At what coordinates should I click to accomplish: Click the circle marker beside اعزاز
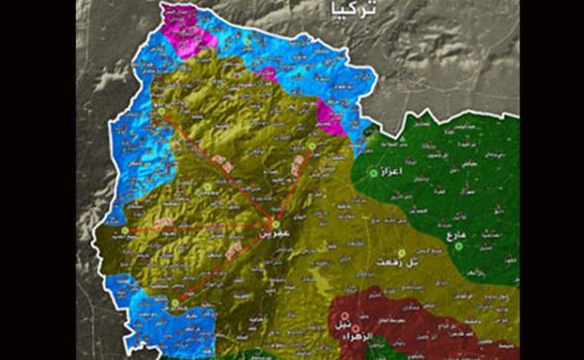click(374, 172)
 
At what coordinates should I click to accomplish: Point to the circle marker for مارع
click(459, 247)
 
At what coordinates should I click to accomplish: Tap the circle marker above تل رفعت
click(401, 252)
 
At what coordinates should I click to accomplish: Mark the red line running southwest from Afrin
click(226, 263)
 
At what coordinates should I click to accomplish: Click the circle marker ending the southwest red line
click(176, 302)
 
